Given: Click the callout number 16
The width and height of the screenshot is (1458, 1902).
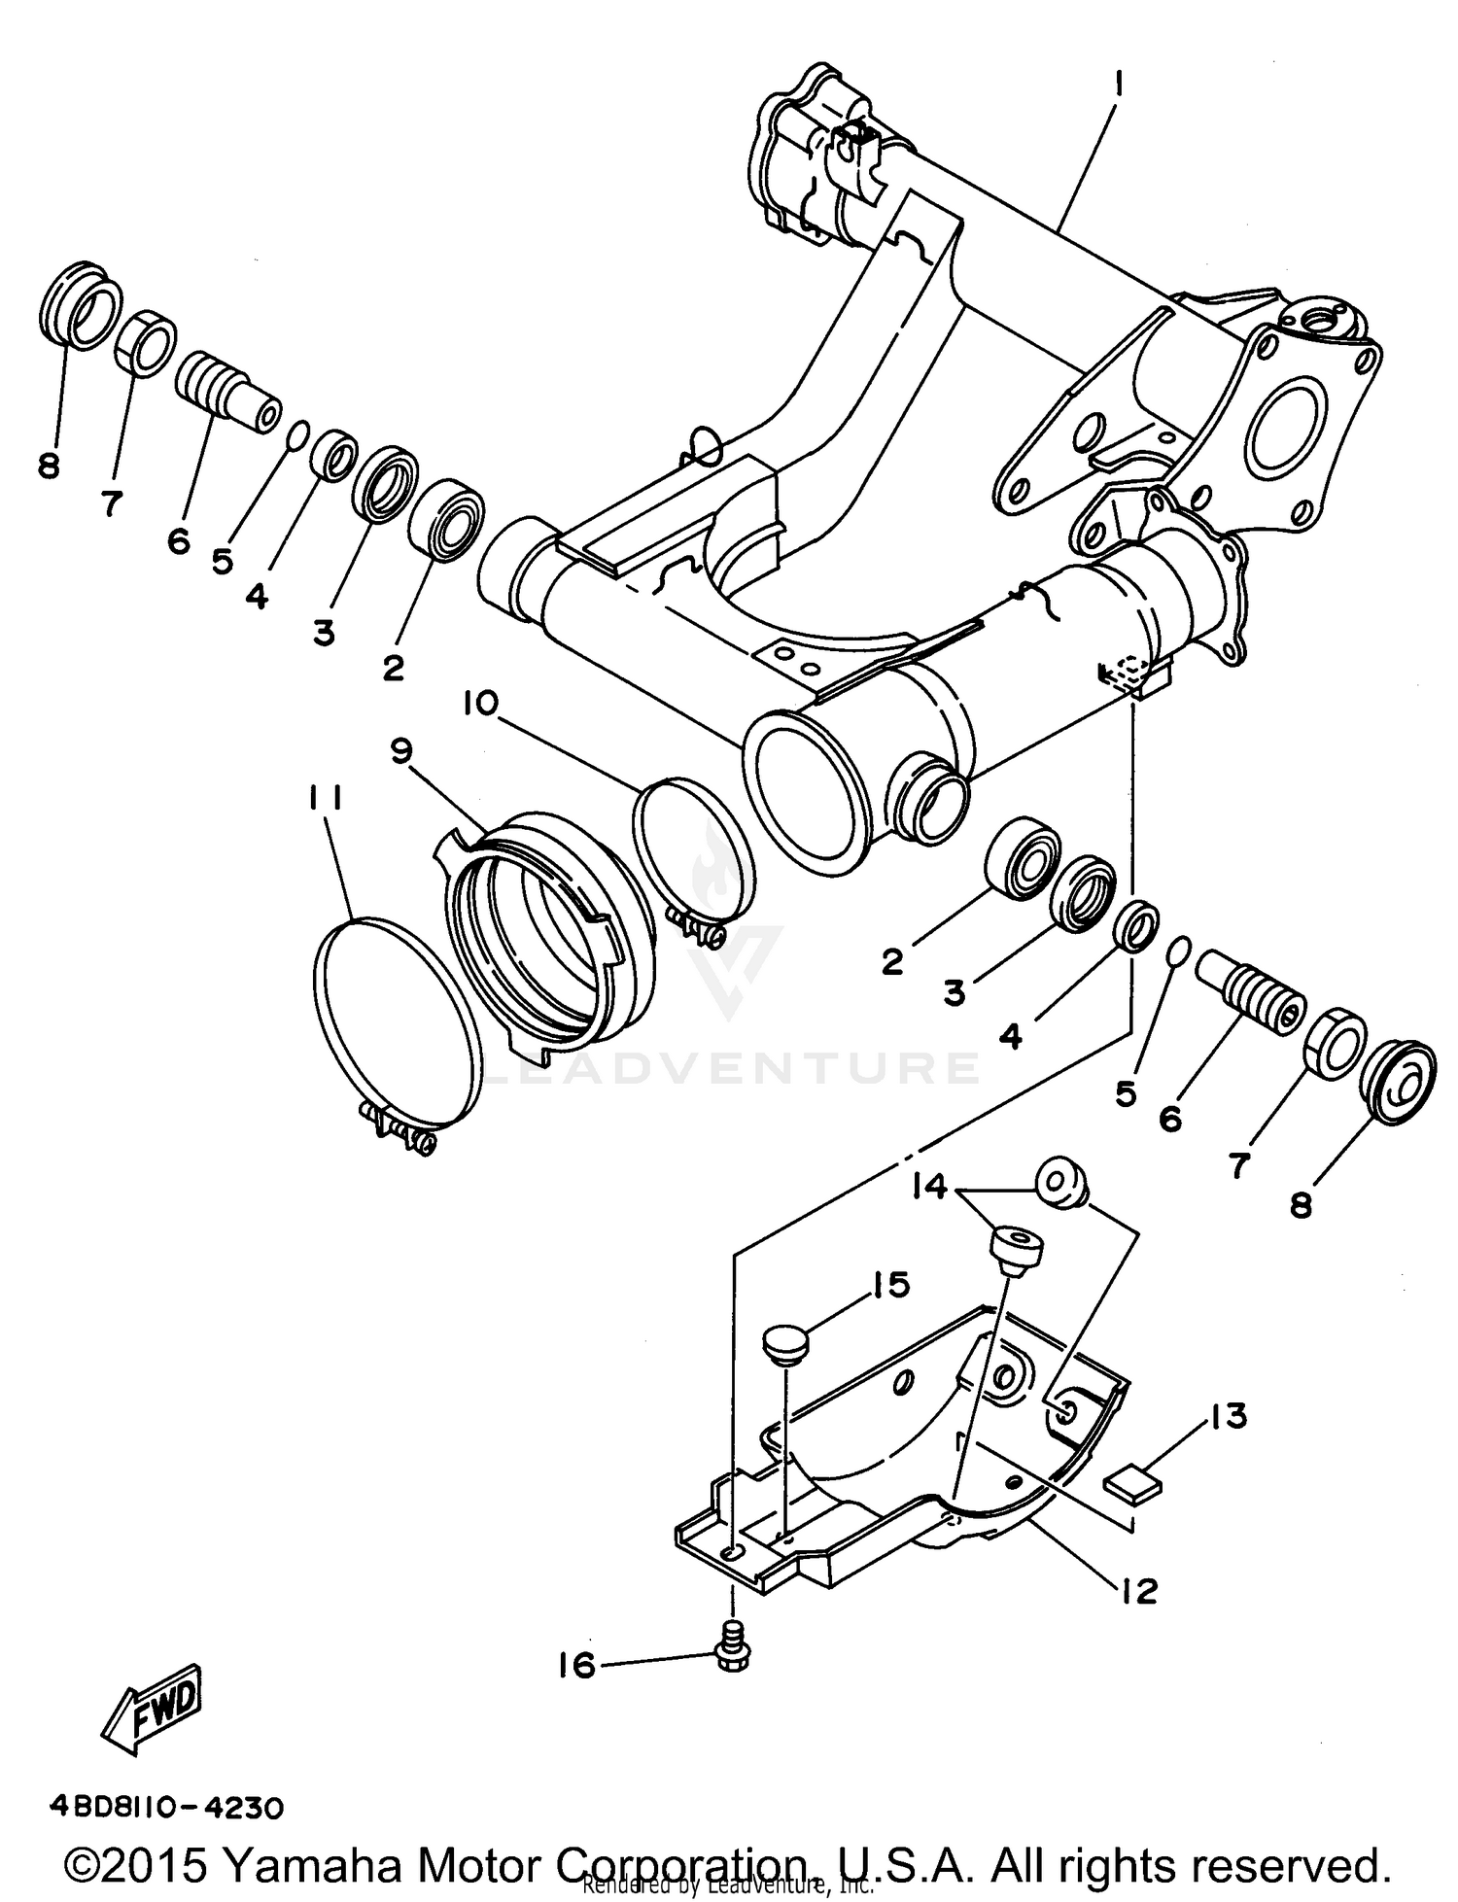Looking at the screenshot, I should coord(576,1665).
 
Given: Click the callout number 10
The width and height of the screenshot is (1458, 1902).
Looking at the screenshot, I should coord(479,702).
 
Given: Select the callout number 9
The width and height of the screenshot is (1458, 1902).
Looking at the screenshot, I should coord(400,749).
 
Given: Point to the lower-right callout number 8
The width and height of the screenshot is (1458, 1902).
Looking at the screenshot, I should coord(1301,1205).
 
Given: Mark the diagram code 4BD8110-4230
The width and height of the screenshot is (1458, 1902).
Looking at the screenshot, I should coord(167,1808).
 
